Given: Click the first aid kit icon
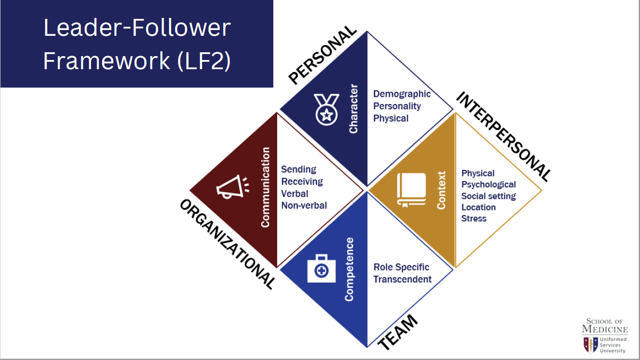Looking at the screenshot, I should (321, 269).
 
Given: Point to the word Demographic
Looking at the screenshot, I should (402, 94).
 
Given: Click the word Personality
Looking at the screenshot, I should (397, 106).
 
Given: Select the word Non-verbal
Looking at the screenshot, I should (304, 205).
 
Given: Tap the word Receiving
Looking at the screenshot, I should (302, 181).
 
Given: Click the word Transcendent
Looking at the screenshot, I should (402, 279).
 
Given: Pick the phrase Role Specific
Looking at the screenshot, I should (401, 267).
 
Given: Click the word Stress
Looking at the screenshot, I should (474, 218).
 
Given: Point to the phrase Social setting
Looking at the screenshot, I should (488, 196).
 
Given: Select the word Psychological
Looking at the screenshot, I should (488, 184).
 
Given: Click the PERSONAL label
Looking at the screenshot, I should (322, 56).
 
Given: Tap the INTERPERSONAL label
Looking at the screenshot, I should (504, 136).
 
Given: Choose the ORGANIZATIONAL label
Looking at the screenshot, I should (227, 244).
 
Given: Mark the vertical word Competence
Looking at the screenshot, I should (349, 269).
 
